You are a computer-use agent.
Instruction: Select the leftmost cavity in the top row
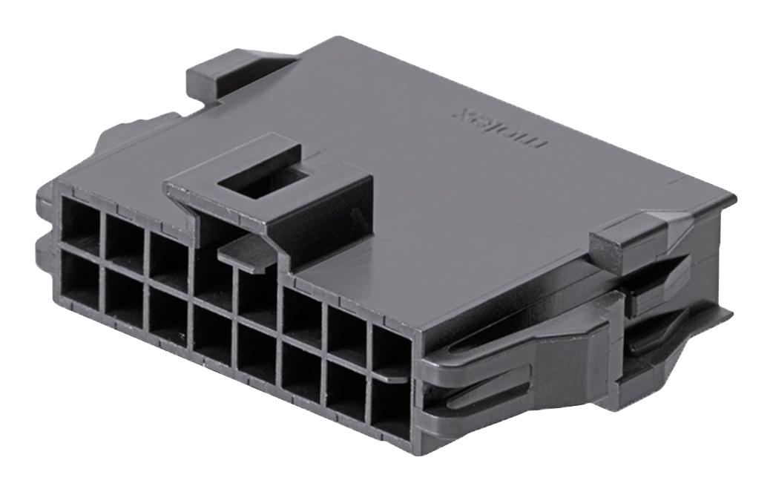pyautogui.click(x=79, y=222)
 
